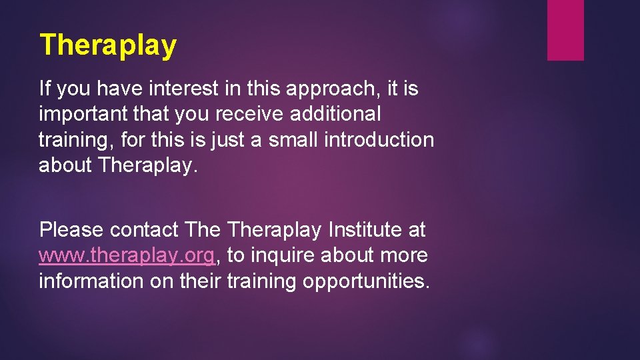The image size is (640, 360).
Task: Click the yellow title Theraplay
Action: click(108, 45)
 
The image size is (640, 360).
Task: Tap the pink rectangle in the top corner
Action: click(565, 30)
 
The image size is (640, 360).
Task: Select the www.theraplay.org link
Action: click(127, 256)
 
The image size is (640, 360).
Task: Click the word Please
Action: click(71, 231)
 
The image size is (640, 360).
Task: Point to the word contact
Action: click(145, 231)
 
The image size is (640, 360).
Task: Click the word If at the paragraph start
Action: click(45, 88)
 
